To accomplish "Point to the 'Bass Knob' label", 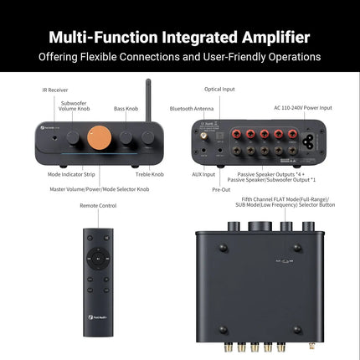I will (126, 108).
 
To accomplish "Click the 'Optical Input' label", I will (220, 88).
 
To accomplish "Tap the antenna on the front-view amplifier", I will (148, 99).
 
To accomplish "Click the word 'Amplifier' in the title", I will (265, 38).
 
